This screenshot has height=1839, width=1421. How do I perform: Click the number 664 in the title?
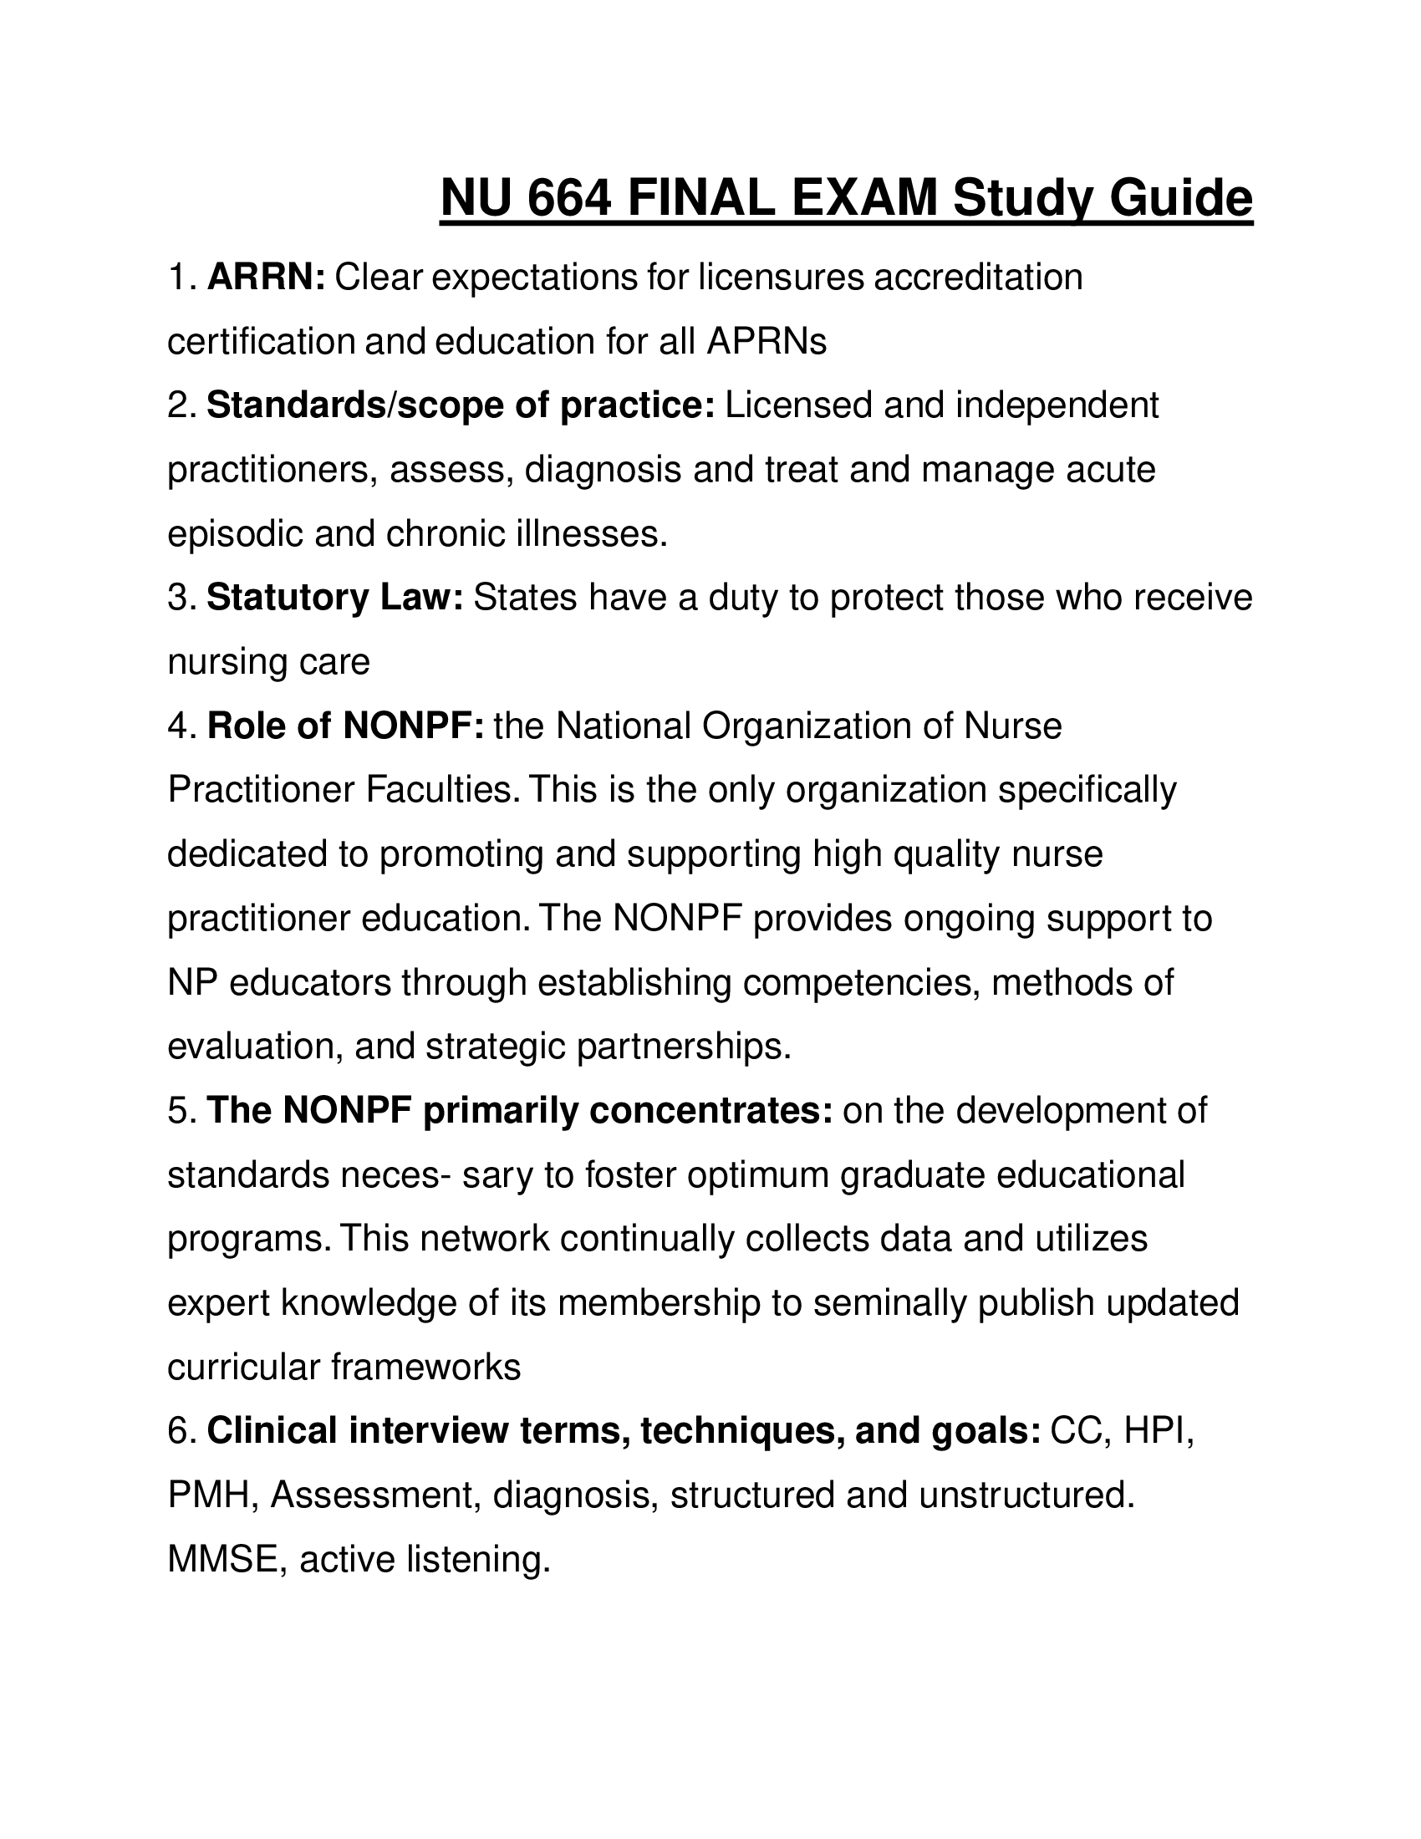click(569, 199)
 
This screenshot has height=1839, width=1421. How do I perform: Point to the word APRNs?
click(766, 341)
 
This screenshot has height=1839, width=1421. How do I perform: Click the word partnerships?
click(684, 1047)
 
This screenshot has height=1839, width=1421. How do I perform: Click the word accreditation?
click(978, 277)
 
